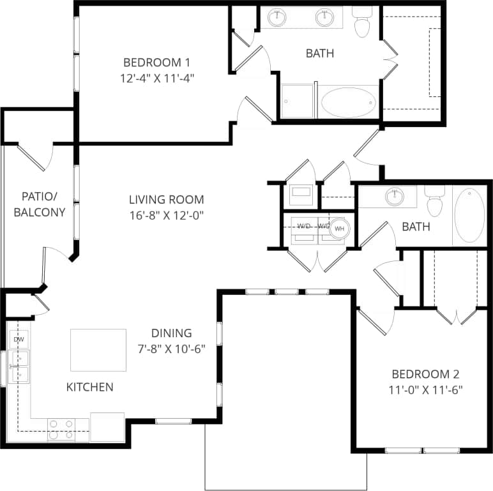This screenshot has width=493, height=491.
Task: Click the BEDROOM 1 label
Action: [156, 63]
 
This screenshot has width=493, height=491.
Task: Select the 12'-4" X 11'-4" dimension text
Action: [156, 79]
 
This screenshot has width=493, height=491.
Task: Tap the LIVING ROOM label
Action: [166, 199]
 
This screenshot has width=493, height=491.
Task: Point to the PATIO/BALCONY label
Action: [40, 204]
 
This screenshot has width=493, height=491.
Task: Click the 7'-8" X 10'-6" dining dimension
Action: [171, 349]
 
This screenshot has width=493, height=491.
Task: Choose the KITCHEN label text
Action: [90, 387]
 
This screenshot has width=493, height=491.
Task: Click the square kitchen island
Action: [98, 350]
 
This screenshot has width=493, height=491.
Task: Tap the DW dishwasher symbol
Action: [19, 340]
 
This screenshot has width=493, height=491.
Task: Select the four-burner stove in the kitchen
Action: [61, 430]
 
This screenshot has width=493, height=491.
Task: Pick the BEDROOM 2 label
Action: [425, 374]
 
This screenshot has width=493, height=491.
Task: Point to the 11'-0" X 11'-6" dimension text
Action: [425, 389]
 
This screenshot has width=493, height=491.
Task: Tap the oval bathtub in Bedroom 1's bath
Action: [348, 102]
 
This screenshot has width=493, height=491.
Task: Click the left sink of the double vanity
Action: [278, 17]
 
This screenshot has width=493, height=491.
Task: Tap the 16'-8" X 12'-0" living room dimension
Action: [166, 215]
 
